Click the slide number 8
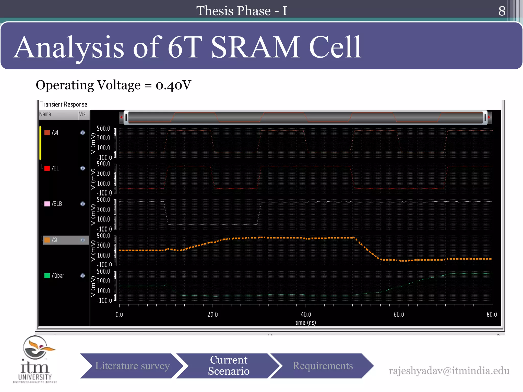(502, 11)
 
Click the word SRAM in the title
(255, 47)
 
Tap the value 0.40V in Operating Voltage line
(173, 85)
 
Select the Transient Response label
(64, 104)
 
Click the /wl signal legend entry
(55, 133)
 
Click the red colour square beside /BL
(47, 168)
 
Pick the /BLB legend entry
(57, 204)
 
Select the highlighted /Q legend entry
(55, 240)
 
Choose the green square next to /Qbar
(47, 276)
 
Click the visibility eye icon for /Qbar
(82, 276)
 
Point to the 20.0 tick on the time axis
(212, 314)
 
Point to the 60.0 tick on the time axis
(399, 314)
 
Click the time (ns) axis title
(305, 323)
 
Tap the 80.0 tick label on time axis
(492, 314)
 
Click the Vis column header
(82, 114)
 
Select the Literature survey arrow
(132, 366)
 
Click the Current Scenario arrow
(229, 365)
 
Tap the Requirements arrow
(323, 366)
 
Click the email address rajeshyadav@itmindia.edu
(449, 371)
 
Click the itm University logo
(35, 359)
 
